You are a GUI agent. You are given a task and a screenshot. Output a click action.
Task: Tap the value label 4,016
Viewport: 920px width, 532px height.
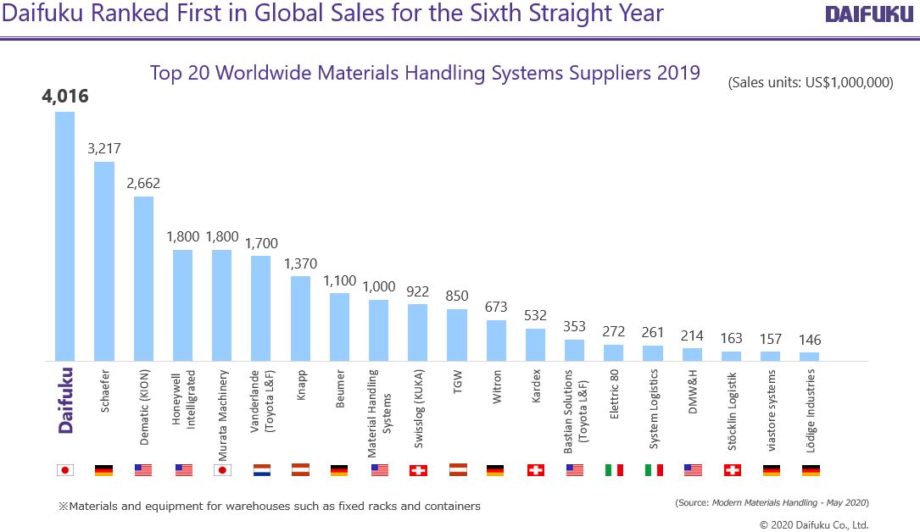[x=65, y=97]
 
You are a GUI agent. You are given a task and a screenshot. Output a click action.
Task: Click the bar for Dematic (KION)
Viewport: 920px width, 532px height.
[x=143, y=279]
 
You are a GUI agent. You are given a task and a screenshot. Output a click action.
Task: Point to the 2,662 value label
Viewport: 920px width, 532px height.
[x=143, y=183]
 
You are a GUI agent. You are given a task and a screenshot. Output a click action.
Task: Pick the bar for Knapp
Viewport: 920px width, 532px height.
[x=300, y=318]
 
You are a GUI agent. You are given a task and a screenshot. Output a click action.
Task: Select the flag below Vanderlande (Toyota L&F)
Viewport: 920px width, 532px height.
[x=262, y=469]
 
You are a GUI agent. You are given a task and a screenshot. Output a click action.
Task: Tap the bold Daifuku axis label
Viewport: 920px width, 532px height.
[x=65, y=400]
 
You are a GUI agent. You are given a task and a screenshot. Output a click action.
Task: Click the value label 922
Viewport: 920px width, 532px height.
[x=418, y=291]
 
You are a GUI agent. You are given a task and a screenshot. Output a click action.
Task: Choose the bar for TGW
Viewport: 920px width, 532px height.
[x=457, y=335]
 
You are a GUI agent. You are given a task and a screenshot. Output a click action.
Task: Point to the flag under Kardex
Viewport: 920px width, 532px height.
[x=536, y=469]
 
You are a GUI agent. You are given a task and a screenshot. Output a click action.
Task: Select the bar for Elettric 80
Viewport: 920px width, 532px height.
[x=614, y=352]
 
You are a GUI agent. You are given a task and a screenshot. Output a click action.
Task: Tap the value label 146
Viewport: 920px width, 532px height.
[x=810, y=340]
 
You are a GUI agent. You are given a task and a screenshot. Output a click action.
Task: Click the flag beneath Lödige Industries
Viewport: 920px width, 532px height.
[x=810, y=469]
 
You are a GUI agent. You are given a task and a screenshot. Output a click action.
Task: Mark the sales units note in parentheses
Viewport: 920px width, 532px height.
[x=810, y=83]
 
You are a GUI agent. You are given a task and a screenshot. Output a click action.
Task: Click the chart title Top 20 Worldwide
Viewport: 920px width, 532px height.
[x=425, y=73]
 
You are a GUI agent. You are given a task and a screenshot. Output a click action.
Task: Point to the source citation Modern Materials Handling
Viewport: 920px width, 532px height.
[x=772, y=502]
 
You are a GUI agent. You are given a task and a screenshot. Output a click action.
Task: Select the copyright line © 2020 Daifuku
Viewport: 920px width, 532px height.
[x=813, y=524]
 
